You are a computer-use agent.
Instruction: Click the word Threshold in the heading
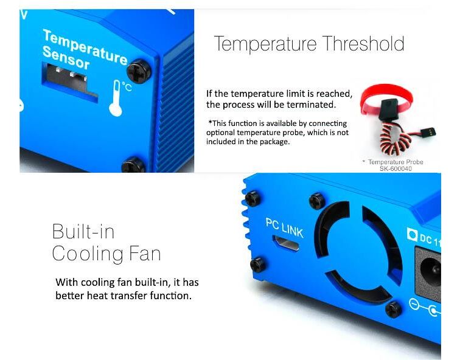pyautogui.click(x=363, y=43)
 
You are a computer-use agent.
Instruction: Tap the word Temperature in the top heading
pyautogui.click(x=265, y=44)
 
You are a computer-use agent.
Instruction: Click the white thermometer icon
pyautogui.click(x=116, y=98)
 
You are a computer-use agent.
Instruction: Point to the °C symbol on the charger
pyautogui.click(x=127, y=86)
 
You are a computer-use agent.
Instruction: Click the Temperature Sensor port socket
pyautogui.click(x=70, y=82)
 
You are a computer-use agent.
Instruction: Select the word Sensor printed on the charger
pyautogui.click(x=66, y=58)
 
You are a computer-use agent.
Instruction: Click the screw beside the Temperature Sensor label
pyautogui.click(x=139, y=71)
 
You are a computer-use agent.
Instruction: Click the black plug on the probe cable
pyautogui.click(x=428, y=132)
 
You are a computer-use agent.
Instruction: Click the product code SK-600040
pyautogui.click(x=396, y=168)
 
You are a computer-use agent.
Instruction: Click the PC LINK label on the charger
pyautogui.click(x=284, y=228)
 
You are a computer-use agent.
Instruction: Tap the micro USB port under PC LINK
pyautogui.click(x=286, y=243)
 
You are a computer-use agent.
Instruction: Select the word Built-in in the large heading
pyautogui.click(x=83, y=231)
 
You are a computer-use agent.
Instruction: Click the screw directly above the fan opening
pyautogui.click(x=317, y=201)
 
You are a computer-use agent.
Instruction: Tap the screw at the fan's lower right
pyautogui.click(x=394, y=310)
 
